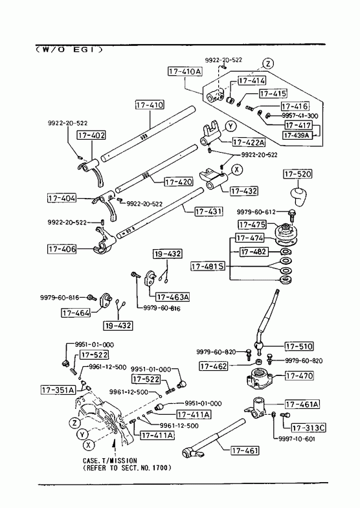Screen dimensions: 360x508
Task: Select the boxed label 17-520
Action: click(x=298, y=174)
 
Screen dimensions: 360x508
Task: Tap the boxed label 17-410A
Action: click(x=185, y=71)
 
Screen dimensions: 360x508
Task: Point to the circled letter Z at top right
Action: click(x=267, y=64)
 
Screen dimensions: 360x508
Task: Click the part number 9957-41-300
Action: click(x=300, y=116)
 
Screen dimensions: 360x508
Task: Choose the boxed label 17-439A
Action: click(x=298, y=135)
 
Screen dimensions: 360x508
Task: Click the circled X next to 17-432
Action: click(x=237, y=169)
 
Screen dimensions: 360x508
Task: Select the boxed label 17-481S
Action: click(x=208, y=267)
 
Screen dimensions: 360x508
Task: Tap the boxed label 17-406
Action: click(x=62, y=248)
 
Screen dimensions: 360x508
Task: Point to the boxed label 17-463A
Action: click(x=172, y=297)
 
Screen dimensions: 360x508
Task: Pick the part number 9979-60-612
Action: click(x=256, y=212)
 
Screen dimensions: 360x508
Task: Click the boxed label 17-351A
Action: click(x=58, y=390)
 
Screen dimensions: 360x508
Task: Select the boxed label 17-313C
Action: click(x=308, y=428)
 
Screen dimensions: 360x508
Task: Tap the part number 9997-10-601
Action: click(x=297, y=439)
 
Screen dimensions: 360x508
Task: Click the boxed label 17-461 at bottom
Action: click(x=245, y=450)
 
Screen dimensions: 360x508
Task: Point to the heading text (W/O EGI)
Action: click(x=69, y=50)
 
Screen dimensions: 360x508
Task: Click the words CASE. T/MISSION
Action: click(x=110, y=460)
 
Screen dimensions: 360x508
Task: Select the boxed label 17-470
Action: click(x=299, y=376)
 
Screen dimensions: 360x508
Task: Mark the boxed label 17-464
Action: click(x=76, y=313)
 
